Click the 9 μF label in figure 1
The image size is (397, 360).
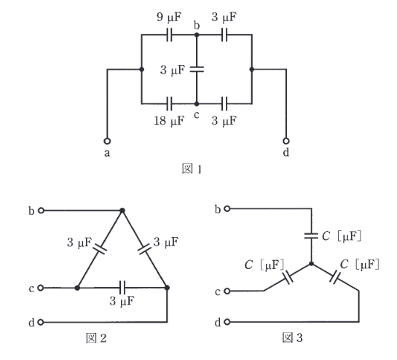coord(169,17)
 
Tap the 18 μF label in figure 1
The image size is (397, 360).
coord(169,120)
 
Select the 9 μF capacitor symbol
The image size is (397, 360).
coord(170,34)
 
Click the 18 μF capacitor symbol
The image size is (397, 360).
coord(170,103)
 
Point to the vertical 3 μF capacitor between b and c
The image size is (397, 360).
coord(197,69)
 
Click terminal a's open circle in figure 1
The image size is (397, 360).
coord(107,141)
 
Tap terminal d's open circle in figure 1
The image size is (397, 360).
coord(286,141)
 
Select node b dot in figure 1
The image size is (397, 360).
coord(197,34)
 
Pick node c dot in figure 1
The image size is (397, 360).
coord(197,103)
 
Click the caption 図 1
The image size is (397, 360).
coord(192,169)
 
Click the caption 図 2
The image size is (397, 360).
coord(96,338)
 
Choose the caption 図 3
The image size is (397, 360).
coord(292,337)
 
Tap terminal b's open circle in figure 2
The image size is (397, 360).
coord(41,211)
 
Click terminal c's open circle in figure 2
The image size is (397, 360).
coord(41,288)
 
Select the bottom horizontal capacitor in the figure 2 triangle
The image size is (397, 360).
coord(122,288)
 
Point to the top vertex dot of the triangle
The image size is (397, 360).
coord(122,211)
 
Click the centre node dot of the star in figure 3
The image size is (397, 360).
coord(312,264)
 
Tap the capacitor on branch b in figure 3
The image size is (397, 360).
coord(311,236)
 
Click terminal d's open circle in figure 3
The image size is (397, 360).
coord(227,322)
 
